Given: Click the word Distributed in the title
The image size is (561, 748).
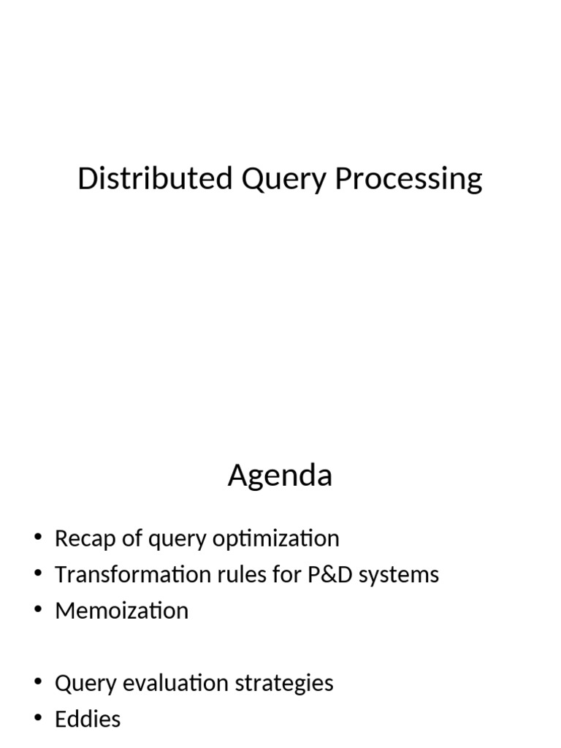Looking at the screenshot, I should (x=155, y=179).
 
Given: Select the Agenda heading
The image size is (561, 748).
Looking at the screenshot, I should (x=280, y=476).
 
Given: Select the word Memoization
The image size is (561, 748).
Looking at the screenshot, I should (x=121, y=611).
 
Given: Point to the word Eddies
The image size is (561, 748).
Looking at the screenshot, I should (x=88, y=719).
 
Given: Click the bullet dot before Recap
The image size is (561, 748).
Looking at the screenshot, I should (x=38, y=539).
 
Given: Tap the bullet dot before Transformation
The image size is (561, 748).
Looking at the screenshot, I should (x=38, y=575).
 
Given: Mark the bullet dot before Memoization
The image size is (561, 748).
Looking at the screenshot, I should (x=38, y=611).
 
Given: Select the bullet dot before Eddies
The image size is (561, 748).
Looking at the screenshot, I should (x=38, y=719).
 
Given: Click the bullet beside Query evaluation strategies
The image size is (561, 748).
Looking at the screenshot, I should (x=38, y=683).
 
